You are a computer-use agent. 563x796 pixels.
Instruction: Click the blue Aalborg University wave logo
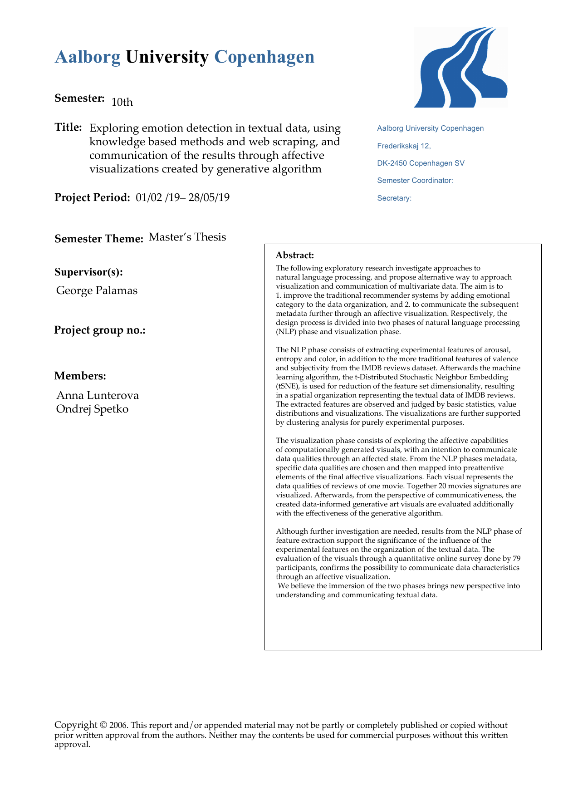[x=460, y=67]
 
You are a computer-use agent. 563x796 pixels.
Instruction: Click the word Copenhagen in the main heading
[x=264, y=57]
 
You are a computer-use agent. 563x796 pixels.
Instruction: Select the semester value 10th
[x=122, y=102]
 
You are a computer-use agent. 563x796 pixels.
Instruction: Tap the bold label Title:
[x=68, y=127]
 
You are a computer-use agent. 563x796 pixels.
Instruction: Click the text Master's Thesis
[x=187, y=237]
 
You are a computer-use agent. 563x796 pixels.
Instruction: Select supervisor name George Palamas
[x=97, y=290]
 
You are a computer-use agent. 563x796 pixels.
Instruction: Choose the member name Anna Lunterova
[x=98, y=395]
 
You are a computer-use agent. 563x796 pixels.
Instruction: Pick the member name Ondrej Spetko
[x=92, y=409]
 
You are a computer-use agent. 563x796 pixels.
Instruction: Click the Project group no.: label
[x=100, y=330]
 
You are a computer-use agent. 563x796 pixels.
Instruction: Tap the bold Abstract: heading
[x=295, y=256]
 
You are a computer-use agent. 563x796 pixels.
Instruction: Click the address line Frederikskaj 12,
[x=404, y=146]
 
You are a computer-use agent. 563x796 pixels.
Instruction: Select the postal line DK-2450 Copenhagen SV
[x=421, y=163]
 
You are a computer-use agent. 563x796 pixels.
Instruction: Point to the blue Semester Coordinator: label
[x=415, y=181]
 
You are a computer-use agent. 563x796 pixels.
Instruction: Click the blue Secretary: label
[x=394, y=198]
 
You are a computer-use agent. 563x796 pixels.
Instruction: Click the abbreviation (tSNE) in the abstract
[x=287, y=386]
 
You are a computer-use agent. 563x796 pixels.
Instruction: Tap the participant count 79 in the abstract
[x=516, y=559]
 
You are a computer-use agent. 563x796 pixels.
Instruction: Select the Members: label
[x=80, y=376]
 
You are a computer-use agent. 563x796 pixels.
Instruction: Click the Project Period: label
[x=93, y=197]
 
